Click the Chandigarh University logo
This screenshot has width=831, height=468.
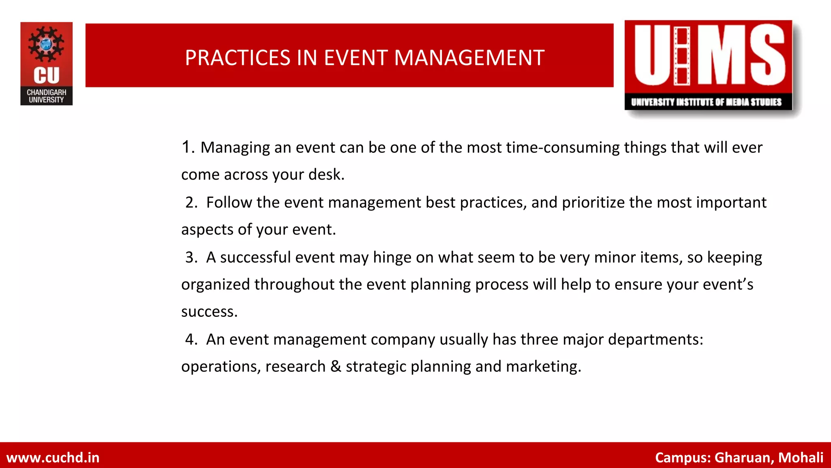(46, 64)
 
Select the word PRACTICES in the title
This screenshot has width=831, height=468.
(238, 58)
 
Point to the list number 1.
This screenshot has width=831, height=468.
(187, 147)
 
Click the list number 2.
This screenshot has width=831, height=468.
(191, 202)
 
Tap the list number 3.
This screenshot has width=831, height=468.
(191, 257)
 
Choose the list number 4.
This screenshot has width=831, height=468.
(191, 339)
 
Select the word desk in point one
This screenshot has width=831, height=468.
(326, 175)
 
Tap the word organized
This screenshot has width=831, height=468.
(215, 285)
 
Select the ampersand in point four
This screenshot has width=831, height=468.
(336, 366)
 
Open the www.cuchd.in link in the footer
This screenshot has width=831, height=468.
(53, 458)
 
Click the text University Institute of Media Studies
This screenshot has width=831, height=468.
(706, 102)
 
